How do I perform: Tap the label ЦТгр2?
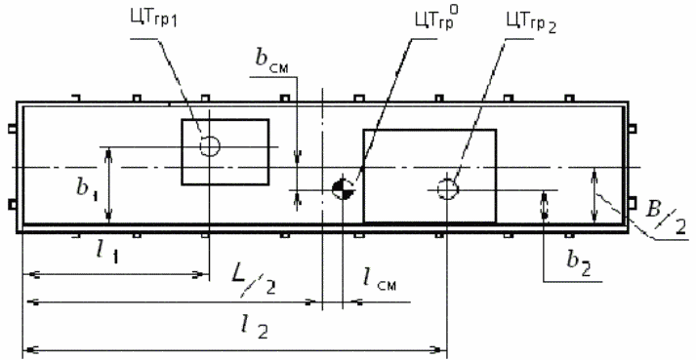532,20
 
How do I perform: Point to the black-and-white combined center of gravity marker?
343,189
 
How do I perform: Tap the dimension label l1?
106,253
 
